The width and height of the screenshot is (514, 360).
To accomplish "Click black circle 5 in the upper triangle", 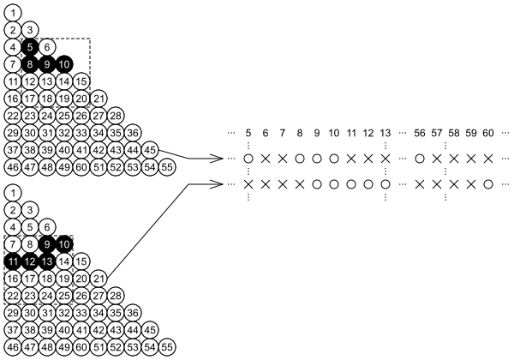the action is tap(30, 46).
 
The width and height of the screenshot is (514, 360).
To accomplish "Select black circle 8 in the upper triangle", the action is tap(30, 63).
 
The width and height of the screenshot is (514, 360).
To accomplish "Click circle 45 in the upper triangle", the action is tap(150, 149).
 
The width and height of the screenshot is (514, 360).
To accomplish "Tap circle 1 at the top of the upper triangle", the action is tap(13, 13).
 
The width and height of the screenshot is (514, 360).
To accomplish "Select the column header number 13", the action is tap(385, 133).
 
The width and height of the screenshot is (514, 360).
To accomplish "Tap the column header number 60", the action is tap(488, 133).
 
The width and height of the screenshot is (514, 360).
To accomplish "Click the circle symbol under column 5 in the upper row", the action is tap(248, 159).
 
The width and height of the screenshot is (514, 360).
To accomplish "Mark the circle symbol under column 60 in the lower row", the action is tap(488, 183).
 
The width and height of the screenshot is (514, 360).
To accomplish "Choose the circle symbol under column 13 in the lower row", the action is tap(385, 183).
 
